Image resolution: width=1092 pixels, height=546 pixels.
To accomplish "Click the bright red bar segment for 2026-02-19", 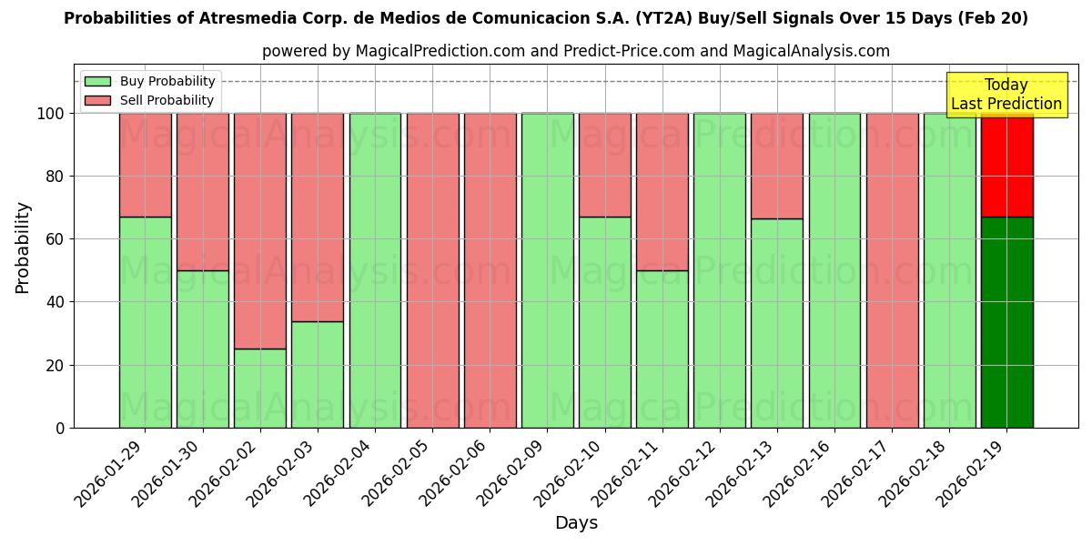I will point(1006,165).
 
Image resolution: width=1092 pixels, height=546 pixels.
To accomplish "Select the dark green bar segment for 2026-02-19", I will point(1006,322).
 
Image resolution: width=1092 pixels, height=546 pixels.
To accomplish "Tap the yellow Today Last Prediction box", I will point(1006,95).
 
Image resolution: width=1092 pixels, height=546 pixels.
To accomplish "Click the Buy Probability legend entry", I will point(150,81).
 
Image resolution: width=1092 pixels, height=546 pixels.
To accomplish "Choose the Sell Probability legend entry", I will point(150,100).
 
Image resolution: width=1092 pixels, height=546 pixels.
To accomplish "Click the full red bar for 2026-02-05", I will point(432,270).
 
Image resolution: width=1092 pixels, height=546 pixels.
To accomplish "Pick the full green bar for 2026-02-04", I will point(375,270).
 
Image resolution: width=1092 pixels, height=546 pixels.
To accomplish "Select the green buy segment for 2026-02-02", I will point(259,389).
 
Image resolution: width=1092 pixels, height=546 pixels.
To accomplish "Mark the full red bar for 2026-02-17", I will point(892,270).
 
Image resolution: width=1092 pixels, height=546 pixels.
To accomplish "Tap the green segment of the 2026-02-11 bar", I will point(662,349).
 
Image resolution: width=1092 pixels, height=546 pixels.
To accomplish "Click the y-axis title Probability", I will point(23,247).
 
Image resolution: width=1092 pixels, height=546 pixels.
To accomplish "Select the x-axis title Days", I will point(576,523).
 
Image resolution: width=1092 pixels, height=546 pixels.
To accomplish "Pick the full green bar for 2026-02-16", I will point(834,270).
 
